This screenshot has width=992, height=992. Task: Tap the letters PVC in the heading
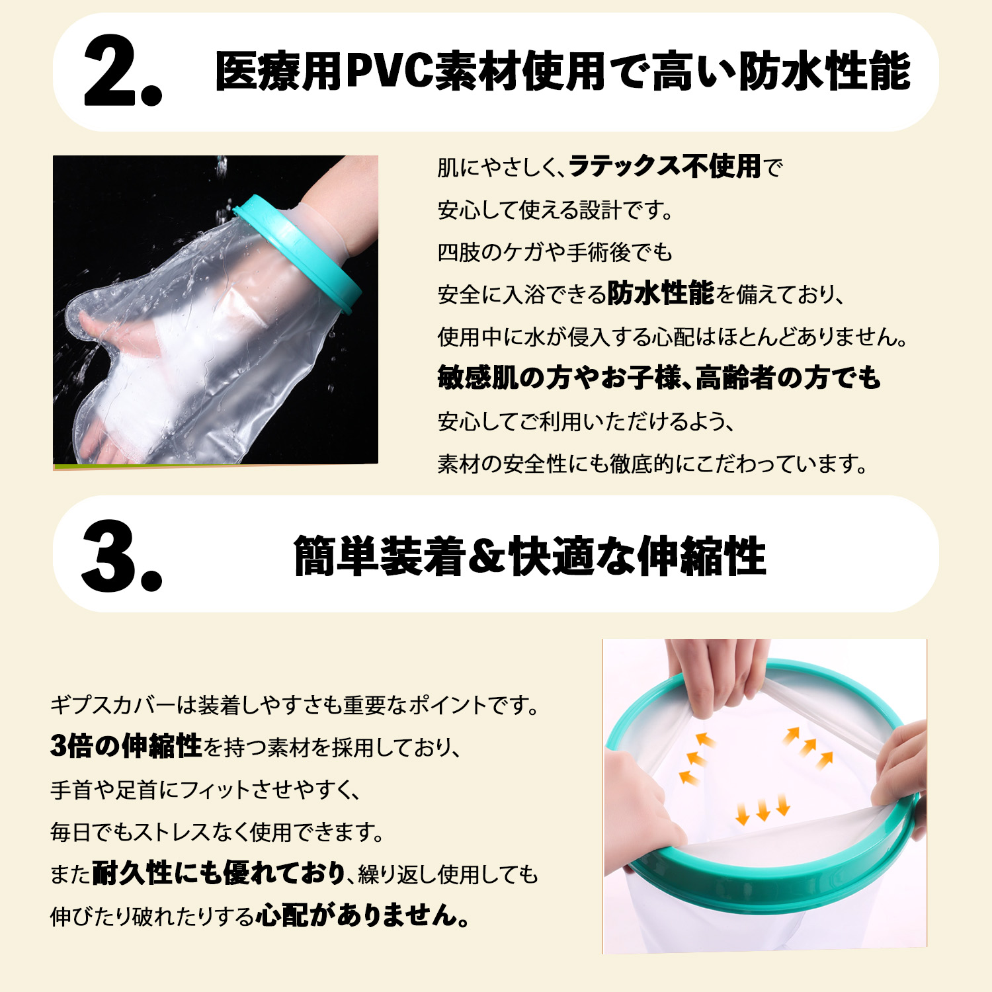point(390,71)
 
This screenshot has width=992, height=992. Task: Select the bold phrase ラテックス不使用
point(665,167)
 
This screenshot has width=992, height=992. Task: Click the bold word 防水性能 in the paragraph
point(661,293)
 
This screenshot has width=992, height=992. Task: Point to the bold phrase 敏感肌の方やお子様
point(559,378)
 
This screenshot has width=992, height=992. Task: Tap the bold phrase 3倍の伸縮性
point(126,747)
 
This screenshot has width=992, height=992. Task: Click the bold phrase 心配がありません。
point(364,916)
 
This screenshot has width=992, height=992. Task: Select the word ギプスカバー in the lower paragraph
point(113,705)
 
